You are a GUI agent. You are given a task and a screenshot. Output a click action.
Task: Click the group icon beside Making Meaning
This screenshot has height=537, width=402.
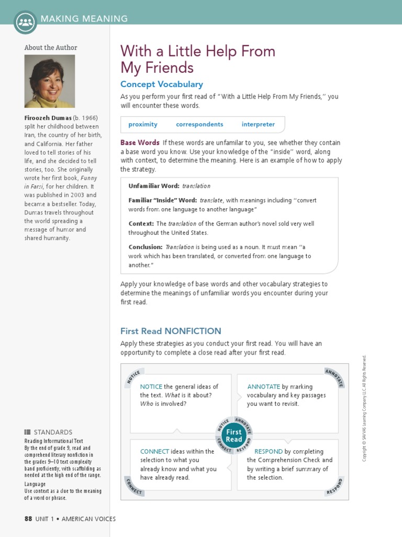click(x=25, y=22)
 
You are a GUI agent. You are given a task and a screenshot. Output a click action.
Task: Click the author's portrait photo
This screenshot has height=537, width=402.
click(x=50, y=81)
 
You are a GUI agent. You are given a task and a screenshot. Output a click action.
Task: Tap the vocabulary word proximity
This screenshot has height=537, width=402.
click(x=143, y=124)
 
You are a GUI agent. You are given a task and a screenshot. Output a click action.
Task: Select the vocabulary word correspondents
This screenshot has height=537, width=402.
click(x=199, y=124)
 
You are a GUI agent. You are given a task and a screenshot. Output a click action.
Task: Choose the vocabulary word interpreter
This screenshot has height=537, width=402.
click(x=258, y=124)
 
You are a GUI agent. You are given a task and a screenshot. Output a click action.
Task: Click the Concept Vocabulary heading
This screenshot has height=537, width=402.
click(x=161, y=84)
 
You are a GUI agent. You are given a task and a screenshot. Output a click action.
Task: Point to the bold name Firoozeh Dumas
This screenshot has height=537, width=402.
click(x=48, y=117)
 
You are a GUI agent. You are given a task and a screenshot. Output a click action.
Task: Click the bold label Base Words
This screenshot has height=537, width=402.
click(x=140, y=143)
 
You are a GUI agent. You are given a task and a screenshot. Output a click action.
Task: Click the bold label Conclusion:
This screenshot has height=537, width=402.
click(x=146, y=247)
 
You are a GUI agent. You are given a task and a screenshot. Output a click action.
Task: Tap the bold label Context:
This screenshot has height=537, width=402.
click(x=141, y=223)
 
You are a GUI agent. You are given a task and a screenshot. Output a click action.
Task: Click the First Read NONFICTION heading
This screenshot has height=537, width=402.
click(x=171, y=331)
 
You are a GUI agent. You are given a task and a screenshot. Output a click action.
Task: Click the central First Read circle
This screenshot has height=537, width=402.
click(x=234, y=436)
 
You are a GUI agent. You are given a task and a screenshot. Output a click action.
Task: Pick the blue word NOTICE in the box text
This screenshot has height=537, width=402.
click(x=151, y=386)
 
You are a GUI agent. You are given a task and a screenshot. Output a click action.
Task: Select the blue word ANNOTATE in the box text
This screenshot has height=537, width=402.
click(x=263, y=386)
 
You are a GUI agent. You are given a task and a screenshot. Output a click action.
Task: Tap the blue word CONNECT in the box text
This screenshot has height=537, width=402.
click(x=154, y=452)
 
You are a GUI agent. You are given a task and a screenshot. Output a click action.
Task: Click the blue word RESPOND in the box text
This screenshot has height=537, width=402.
click(x=268, y=452)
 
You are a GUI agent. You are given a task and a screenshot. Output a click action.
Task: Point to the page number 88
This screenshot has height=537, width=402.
click(x=28, y=519)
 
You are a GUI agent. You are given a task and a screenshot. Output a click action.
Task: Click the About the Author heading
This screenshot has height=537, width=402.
click(x=51, y=48)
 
